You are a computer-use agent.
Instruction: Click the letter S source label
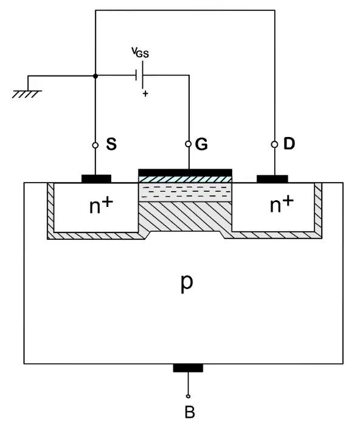[111, 144]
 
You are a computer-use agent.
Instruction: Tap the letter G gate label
[201, 144]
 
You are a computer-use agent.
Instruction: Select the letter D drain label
[289, 143]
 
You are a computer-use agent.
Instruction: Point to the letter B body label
[190, 412]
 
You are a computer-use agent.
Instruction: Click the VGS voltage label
[140, 52]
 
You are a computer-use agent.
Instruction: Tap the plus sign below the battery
[145, 94]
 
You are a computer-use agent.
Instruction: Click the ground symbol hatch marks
[27, 94]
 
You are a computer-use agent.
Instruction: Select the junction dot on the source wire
[95, 76]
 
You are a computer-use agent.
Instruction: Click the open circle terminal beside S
[95, 145]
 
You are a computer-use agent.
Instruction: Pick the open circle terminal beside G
[189, 144]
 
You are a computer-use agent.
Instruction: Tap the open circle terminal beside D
[275, 145]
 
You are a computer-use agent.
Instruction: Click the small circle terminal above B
[188, 396]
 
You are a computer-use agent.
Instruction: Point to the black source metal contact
[96, 178]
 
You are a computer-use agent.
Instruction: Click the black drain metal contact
[272, 179]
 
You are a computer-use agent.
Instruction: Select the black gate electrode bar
[185, 172]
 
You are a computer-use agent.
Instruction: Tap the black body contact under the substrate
[188, 368]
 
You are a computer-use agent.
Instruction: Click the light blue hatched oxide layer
[185, 180]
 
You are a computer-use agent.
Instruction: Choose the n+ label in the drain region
[282, 204]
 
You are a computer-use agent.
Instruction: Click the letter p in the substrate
[187, 283]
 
